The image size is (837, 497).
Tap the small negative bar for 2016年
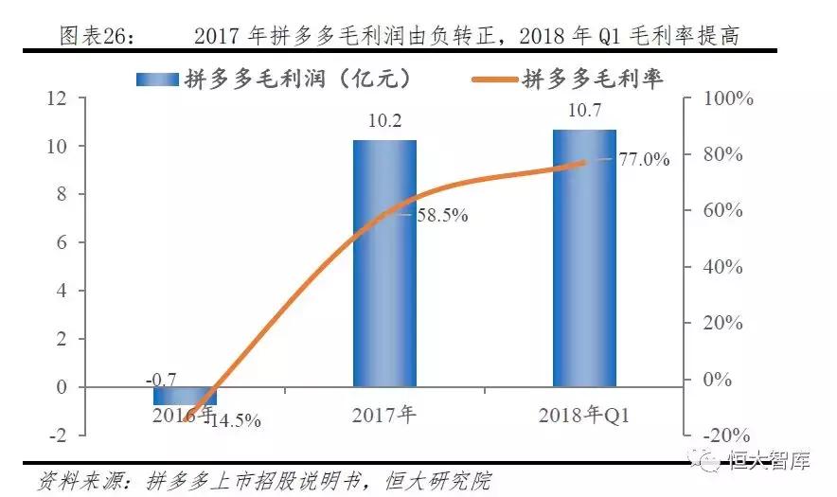point(185,396)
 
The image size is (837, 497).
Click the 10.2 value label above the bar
point(384,121)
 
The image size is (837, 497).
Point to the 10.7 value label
point(584,111)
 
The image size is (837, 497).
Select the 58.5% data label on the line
point(442,216)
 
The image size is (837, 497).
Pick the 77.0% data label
point(644,160)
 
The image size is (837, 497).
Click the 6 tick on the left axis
point(62,243)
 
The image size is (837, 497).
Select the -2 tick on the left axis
point(59,435)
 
